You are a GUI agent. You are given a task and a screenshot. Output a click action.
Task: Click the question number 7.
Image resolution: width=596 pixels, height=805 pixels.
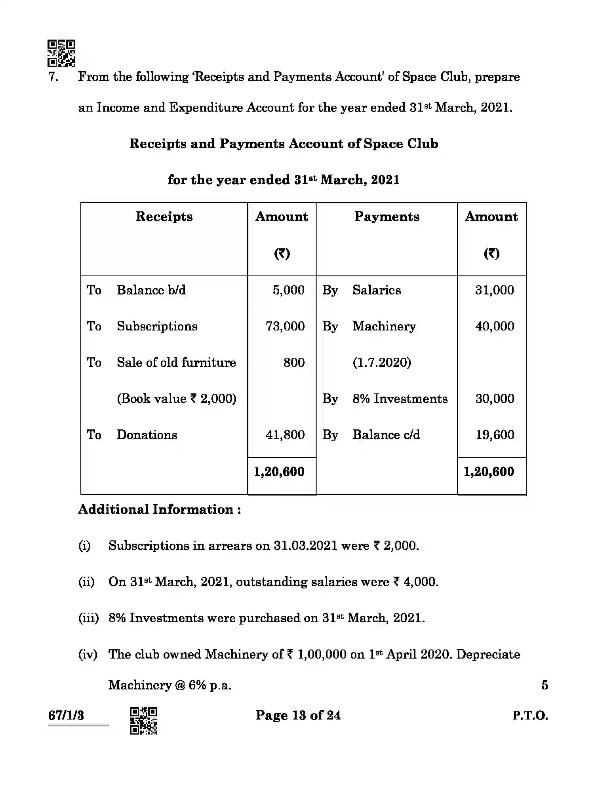coord(53,77)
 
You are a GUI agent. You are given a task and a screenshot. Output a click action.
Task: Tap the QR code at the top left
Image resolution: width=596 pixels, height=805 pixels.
coord(61,53)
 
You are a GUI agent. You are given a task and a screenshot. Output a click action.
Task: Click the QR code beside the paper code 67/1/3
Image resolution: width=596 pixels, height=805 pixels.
coord(144,721)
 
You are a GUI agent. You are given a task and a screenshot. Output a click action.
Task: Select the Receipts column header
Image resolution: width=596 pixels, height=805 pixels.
coord(164,216)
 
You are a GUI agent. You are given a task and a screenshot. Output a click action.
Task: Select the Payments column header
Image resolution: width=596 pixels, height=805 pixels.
coord(387,216)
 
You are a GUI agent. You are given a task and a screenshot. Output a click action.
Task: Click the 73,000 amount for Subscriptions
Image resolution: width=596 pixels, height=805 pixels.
coord(285,326)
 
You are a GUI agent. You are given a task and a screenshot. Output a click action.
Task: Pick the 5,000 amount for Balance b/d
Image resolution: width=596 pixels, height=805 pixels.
coord(288,290)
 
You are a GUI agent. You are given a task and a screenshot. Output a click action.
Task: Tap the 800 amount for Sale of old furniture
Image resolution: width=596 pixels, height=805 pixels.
coord(294,363)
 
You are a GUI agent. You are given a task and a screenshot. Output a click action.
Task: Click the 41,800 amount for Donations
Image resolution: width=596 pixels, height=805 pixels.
coord(285,435)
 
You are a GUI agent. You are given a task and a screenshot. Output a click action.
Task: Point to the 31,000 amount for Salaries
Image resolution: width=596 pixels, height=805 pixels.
coord(494,290)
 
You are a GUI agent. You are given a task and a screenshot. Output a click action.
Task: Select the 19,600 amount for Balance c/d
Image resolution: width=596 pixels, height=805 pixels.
coord(495,435)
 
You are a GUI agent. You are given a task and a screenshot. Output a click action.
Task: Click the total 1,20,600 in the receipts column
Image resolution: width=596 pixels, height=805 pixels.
coord(279,472)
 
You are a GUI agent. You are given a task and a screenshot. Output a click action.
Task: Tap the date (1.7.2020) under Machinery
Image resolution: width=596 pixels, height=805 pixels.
coord(381,363)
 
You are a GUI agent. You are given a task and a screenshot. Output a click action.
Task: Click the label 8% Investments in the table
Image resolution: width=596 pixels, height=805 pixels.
coord(400,399)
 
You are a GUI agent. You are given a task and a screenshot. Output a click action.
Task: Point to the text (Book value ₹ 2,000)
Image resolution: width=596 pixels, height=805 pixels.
coord(176,399)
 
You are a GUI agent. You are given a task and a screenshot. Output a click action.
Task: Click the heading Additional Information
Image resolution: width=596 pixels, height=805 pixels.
coord(159,509)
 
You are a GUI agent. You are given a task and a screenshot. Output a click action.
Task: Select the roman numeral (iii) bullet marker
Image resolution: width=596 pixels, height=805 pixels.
coord(88,618)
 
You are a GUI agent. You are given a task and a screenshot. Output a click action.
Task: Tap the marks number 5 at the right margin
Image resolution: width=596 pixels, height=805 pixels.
coord(545,685)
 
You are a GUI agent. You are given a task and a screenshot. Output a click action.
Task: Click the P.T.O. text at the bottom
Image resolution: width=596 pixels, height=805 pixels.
coord(530,716)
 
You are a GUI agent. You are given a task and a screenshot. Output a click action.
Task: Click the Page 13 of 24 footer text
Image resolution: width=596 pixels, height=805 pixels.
coord(298,715)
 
